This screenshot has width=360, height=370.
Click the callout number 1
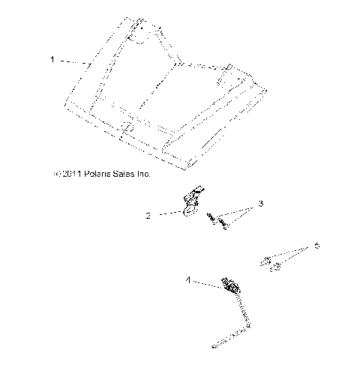pyautogui.click(x=52, y=59)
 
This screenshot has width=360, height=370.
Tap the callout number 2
pyautogui.click(x=148, y=216)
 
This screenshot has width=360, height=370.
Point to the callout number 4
pyautogui.click(x=189, y=280)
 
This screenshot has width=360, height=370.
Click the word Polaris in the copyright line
pyautogui.click(x=100, y=174)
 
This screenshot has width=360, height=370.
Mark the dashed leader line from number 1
pyautogui.click(x=73, y=61)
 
